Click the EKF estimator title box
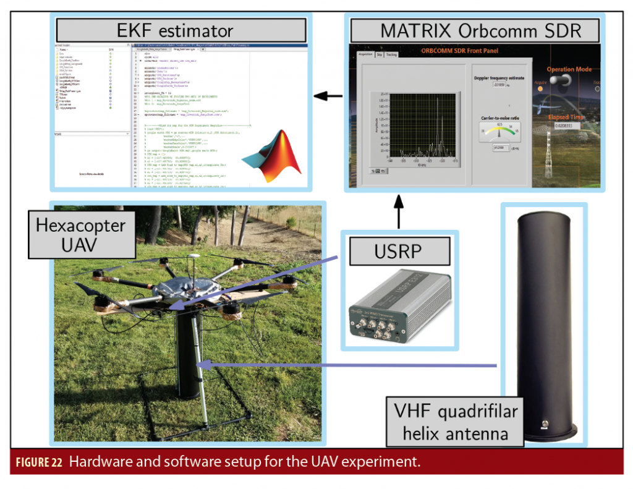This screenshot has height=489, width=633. coord(181,30)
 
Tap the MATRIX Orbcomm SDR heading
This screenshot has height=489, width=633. coord(472,30)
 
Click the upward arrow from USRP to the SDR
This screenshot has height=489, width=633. coord(399,211)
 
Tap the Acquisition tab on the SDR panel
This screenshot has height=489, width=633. coord(365,55)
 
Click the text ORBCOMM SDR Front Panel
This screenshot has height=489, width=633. coord(460,51)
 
